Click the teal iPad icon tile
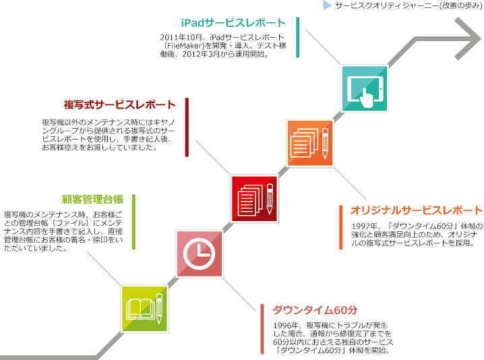click(x=364, y=88)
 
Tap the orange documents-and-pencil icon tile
click(x=310, y=144)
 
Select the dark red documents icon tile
click(x=254, y=199)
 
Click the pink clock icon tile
click(x=199, y=253)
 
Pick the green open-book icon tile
click(x=144, y=309)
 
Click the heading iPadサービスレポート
click(x=233, y=23)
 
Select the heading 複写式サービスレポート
click(x=120, y=104)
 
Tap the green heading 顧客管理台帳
click(x=92, y=200)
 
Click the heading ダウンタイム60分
click(x=315, y=309)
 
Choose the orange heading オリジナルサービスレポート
click(x=417, y=210)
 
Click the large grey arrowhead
click(x=468, y=38)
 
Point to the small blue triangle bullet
click(x=327, y=5)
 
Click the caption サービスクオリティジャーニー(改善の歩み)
click(x=409, y=5)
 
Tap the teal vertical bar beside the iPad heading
click(x=297, y=37)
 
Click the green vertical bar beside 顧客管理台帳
click(x=133, y=222)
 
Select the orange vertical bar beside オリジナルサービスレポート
click(x=341, y=227)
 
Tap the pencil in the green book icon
click(x=159, y=309)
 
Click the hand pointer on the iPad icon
click(x=367, y=98)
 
